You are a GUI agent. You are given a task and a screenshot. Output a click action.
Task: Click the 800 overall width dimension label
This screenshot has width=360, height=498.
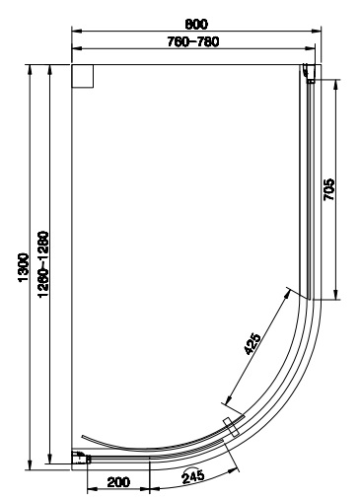click(x=196, y=24)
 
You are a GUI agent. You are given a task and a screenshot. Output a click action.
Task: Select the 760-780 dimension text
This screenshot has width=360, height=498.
click(x=193, y=41)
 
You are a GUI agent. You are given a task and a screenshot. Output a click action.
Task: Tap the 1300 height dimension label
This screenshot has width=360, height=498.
click(x=24, y=267)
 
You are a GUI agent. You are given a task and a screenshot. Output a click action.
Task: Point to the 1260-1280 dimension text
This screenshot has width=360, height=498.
click(x=43, y=264)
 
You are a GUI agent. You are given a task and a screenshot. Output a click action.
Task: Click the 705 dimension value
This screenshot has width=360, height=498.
click(x=328, y=189)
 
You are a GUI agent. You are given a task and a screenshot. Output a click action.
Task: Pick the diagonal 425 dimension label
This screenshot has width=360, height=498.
click(x=252, y=344)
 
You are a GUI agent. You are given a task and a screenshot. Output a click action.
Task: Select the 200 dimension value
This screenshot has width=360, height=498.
click(x=118, y=482)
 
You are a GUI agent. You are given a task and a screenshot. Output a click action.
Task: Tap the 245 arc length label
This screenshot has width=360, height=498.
click(x=193, y=476)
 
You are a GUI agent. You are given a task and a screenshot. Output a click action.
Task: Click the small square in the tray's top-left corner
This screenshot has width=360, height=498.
click(x=83, y=76)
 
